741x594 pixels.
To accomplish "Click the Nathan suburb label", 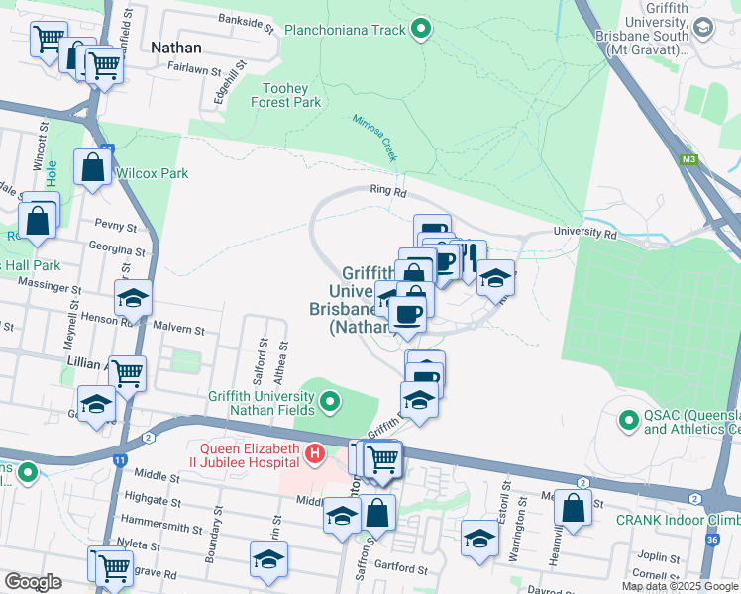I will pos(176,48).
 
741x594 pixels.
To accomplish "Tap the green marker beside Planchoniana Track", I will pos(421,30).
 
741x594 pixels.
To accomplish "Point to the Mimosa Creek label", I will pos(375,138).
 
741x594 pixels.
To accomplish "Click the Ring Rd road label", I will pos(388,191).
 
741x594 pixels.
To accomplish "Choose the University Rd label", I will pos(584,234).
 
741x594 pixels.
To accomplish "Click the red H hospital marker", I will pos(315,454).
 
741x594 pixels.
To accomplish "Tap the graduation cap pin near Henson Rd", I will pos(132,298).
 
